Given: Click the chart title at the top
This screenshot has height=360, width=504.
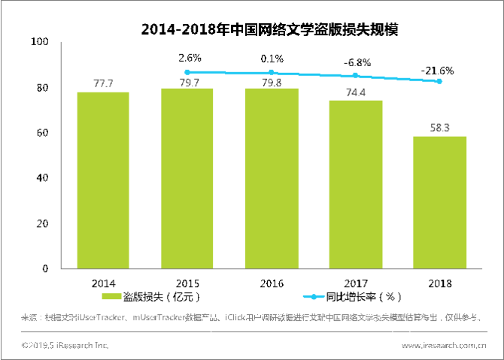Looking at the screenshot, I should point(269,30).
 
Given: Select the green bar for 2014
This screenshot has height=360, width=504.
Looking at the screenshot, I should point(103,180).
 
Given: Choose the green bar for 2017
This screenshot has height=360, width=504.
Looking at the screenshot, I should point(355,183).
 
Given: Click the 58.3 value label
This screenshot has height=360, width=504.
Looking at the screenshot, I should point(439,129).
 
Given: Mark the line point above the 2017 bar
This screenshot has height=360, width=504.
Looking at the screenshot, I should point(356,76).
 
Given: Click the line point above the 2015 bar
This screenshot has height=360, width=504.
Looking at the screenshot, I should point(187,72).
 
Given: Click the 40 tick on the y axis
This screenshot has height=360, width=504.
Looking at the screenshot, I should point(42,178).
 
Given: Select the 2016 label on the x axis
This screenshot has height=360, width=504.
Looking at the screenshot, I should point(271,283).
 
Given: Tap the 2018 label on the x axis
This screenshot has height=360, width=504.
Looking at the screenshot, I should point(439,283).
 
